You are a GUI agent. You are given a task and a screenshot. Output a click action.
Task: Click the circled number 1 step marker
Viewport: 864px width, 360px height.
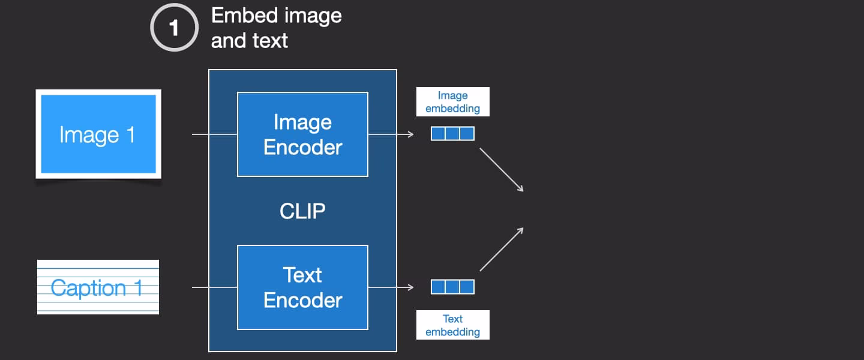(174, 28)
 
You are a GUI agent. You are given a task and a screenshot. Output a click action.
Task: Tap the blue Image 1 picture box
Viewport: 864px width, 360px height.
(98, 134)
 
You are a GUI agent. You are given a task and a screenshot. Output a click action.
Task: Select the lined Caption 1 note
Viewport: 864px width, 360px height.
(98, 287)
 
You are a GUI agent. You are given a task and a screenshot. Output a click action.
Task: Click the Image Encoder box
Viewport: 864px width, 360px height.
(302, 134)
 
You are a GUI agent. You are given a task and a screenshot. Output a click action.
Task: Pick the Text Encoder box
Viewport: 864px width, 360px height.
(302, 287)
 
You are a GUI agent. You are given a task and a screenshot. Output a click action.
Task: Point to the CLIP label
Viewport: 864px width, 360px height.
(302, 211)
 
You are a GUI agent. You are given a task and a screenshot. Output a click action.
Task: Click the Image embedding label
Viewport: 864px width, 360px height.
(452, 102)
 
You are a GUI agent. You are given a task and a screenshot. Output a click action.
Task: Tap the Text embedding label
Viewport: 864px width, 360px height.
(452, 325)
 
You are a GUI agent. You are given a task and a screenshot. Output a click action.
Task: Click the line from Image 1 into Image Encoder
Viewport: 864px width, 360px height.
(214, 134)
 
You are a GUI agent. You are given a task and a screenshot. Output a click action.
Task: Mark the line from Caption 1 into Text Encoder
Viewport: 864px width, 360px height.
(214, 287)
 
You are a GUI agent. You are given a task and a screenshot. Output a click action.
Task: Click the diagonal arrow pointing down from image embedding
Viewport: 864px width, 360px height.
(502, 170)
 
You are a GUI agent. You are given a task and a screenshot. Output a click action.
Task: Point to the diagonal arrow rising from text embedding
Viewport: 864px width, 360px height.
(502, 249)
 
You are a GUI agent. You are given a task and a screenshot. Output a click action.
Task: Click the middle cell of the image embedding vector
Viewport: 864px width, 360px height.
(452, 133)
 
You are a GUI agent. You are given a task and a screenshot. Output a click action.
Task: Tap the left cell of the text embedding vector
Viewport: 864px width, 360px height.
(439, 287)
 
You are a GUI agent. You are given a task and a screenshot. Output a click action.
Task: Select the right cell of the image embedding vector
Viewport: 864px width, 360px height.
(467, 133)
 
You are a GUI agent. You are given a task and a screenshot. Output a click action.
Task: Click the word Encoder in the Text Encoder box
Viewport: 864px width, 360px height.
(302, 300)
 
